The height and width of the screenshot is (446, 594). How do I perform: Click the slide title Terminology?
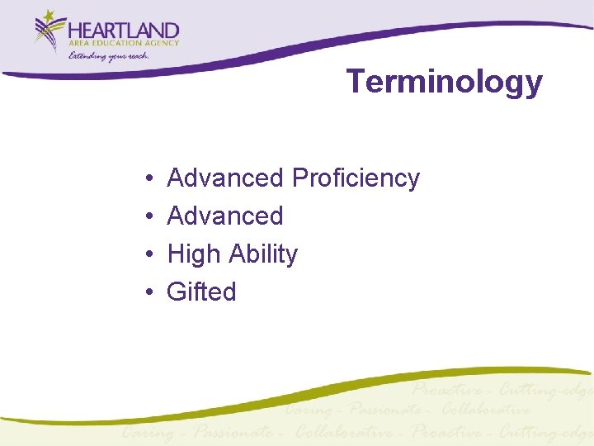(x=444, y=83)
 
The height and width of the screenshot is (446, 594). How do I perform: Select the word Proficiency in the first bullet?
(x=356, y=178)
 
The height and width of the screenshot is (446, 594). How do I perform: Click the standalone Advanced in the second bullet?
(x=224, y=216)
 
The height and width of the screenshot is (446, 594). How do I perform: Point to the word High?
(x=195, y=254)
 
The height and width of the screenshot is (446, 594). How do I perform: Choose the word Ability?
(x=263, y=254)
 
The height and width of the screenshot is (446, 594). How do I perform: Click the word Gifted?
(x=201, y=292)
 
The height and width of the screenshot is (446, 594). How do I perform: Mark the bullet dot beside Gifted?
(x=145, y=292)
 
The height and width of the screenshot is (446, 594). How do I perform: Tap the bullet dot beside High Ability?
(x=145, y=254)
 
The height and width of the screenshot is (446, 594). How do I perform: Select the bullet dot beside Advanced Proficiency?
(x=145, y=178)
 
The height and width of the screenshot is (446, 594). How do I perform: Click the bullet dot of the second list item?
(x=145, y=216)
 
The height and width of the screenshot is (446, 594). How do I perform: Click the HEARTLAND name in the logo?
(x=124, y=31)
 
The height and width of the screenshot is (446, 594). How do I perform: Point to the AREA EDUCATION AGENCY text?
(x=124, y=44)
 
